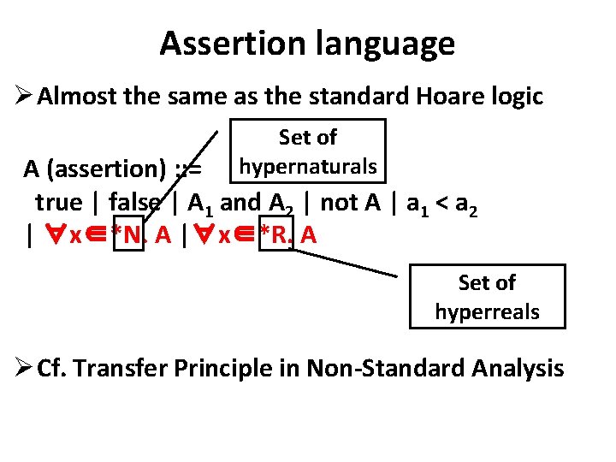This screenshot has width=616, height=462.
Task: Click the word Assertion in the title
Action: click(x=225, y=43)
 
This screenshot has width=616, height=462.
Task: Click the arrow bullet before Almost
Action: click(x=22, y=97)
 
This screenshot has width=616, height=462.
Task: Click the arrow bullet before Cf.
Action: click(x=22, y=369)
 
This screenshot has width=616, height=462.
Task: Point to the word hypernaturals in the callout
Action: click(x=308, y=166)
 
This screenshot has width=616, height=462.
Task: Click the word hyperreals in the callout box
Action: click(x=487, y=311)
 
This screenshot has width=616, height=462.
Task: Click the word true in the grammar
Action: click(x=58, y=203)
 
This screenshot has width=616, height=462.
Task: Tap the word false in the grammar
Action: click(x=134, y=203)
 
